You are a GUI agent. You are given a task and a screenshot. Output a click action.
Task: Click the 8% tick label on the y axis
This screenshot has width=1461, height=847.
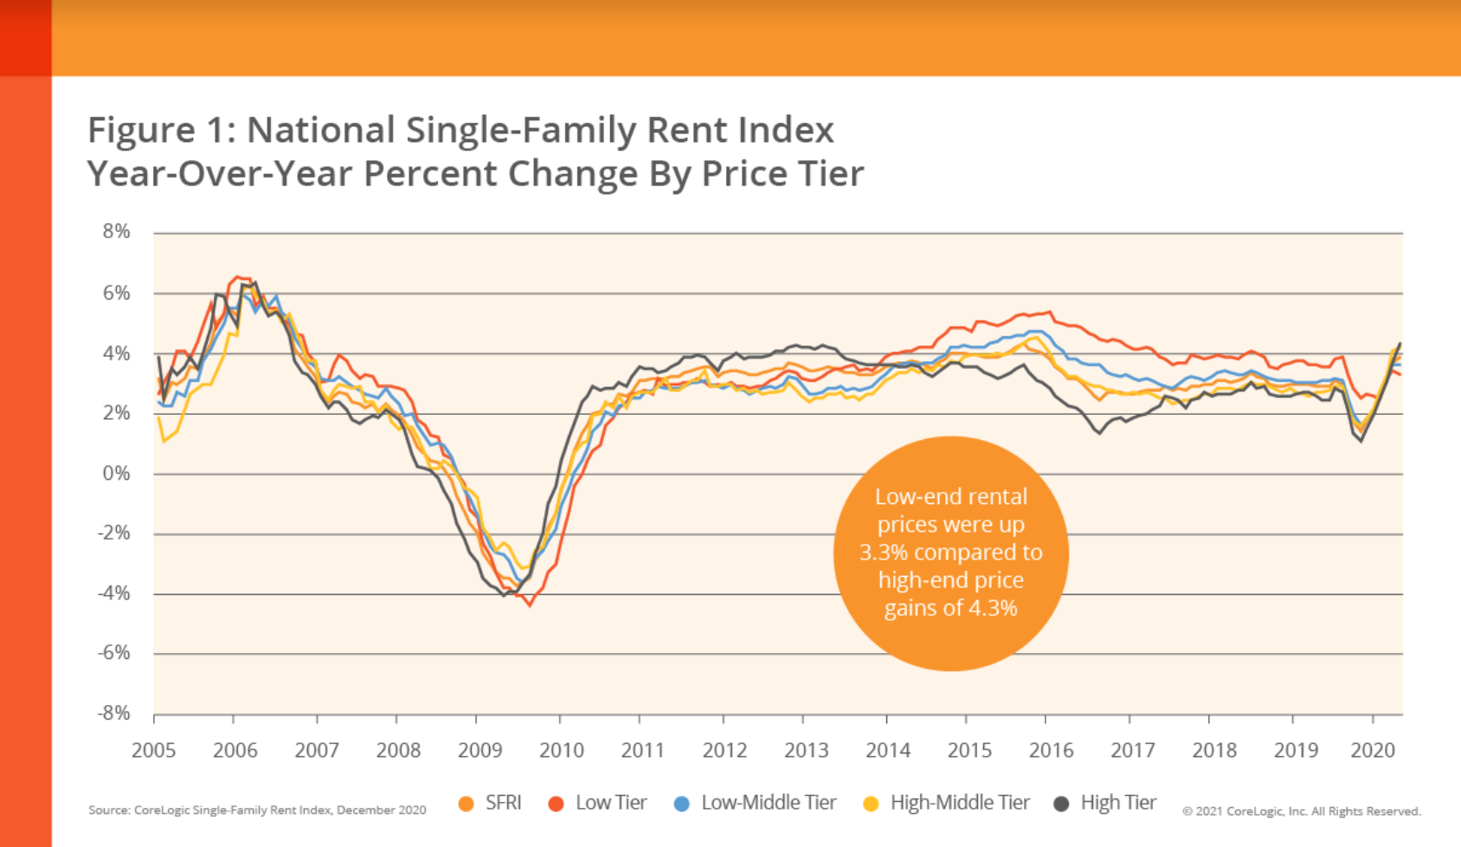click(116, 231)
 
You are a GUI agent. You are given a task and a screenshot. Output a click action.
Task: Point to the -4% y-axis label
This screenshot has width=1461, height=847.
click(113, 593)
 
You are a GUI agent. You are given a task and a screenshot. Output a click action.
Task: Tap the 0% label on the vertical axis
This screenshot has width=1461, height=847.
click(116, 473)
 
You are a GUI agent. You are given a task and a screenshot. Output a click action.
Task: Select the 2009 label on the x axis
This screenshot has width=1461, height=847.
click(479, 750)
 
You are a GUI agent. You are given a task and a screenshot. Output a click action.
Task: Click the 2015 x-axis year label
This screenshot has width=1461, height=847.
click(969, 750)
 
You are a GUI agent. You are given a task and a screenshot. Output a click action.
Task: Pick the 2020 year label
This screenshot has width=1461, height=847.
click(1373, 750)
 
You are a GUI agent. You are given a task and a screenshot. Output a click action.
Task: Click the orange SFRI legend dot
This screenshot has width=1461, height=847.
click(467, 804)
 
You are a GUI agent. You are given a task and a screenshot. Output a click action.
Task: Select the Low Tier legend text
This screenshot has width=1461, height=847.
click(611, 803)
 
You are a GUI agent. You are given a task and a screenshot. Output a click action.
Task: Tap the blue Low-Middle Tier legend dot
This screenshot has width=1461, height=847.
click(681, 804)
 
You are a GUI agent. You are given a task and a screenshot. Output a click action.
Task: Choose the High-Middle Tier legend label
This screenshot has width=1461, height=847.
click(960, 803)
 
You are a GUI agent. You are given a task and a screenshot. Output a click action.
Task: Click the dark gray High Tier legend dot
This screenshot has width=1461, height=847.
click(1061, 804)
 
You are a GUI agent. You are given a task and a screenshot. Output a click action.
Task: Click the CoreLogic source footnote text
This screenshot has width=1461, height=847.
click(257, 811)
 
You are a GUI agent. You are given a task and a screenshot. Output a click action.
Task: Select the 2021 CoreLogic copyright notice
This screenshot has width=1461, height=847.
click(1301, 811)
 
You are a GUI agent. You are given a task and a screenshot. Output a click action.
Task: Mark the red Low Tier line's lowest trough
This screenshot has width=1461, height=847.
click(530, 605)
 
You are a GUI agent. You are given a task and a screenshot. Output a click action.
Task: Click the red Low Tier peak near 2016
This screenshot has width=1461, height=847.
click(1049, 312)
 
